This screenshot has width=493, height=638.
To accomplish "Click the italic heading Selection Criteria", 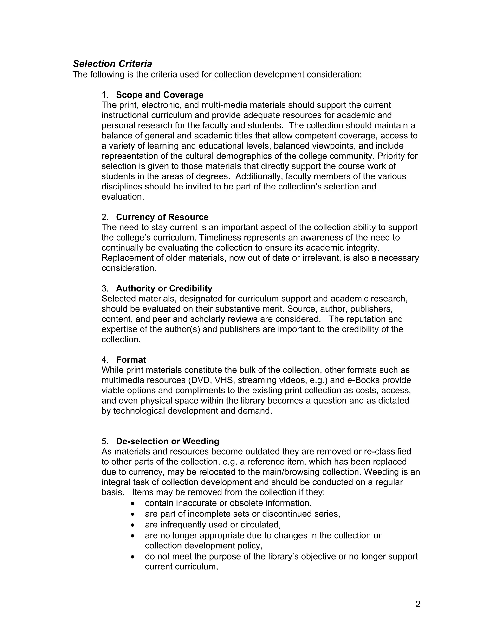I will [112, 64].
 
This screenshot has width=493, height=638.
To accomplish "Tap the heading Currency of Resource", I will [162, 217].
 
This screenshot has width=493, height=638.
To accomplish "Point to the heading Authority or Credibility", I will [164, 288].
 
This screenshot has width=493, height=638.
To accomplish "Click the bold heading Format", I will [131, 360].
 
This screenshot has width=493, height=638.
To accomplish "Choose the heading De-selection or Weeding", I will [167, 441].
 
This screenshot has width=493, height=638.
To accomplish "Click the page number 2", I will [418, 604].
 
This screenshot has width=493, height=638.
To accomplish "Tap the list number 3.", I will [104, 288].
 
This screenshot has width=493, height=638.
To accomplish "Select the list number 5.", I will [104, 441].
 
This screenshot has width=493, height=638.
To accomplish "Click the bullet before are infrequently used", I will [133, 525].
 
